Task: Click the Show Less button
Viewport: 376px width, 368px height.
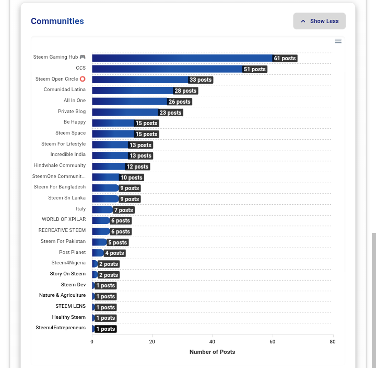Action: (319, 21)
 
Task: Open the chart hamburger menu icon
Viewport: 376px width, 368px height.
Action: (338, 41)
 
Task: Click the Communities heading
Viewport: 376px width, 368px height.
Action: (57, 21)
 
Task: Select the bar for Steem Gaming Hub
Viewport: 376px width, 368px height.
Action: (182, 58)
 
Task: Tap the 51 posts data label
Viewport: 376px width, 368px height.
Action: (255, 69)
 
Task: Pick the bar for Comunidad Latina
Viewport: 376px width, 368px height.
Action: (133, 91)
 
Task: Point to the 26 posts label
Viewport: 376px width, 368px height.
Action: (179, 102)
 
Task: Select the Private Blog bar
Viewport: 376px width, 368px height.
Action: (125, 113)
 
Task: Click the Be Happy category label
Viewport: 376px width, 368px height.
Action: (75, 122)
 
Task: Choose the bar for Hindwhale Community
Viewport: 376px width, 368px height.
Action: (109, 166)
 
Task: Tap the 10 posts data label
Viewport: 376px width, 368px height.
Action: (132, 177)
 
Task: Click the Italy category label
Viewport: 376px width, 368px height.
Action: (80, 209)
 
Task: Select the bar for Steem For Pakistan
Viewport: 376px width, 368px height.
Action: (99, 242)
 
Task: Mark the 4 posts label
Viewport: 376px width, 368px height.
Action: (114, 253)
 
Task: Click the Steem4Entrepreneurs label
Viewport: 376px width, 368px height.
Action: (61, 328)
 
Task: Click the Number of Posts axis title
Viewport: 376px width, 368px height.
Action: (212, 352)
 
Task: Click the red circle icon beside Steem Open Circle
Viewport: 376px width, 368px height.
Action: (83, 79)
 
